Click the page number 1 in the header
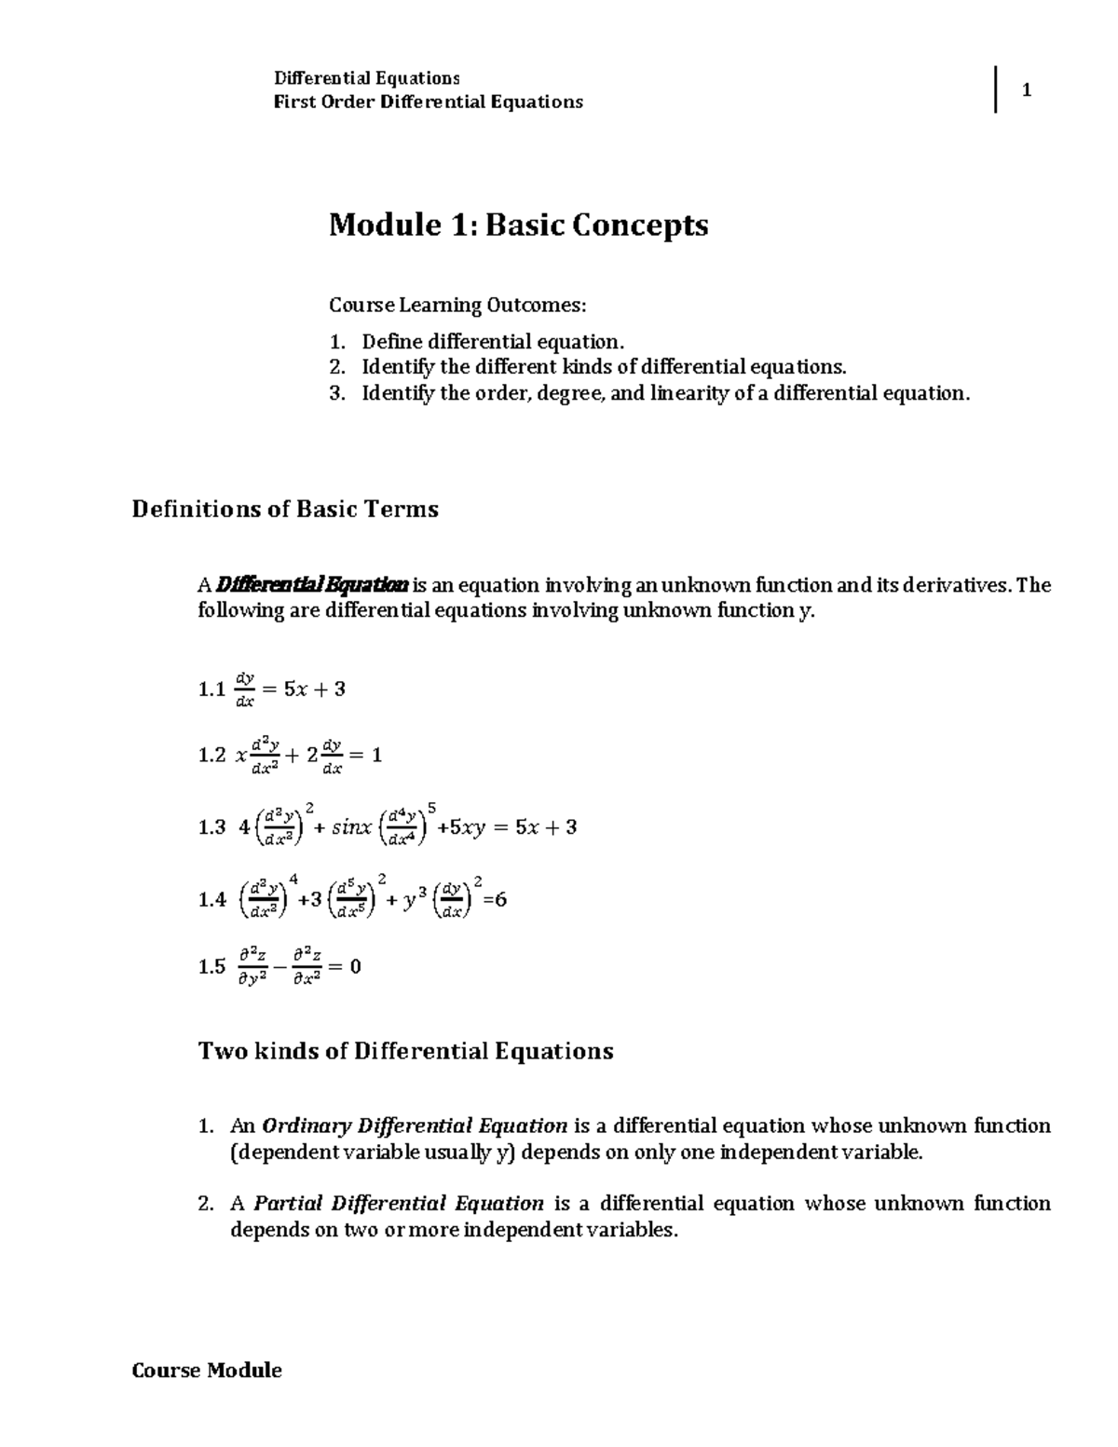pyautogui.click(x=1026, y=90)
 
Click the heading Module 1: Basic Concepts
pyautogui.click(x=518, y=225)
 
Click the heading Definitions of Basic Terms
pyautogui.click(x=285, y=510)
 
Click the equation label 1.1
pyautogui.click(x=211, y=689)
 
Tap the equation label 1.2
pyautogui.click(x=211, y=756)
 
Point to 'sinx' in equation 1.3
pyautogui.click(x=351, y=827)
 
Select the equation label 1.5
pyautogui.click(x=211, y=967)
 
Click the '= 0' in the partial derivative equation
pyautogui.click(x=346, y=967)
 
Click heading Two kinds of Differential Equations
pyautogui.click(x=405, y=1051)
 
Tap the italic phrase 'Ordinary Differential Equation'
pyautogui.click(x=416, y=1126)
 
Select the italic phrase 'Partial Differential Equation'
pyautogui.click(x=399, y=1203)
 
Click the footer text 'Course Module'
pyautogui.click(x=207, y=1370)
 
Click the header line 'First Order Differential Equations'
pyautogui.click(x=428, y=102)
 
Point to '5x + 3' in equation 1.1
pyautogui.click(x=314, y=689)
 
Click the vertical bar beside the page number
pyautogui.click(x=996, y=90)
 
